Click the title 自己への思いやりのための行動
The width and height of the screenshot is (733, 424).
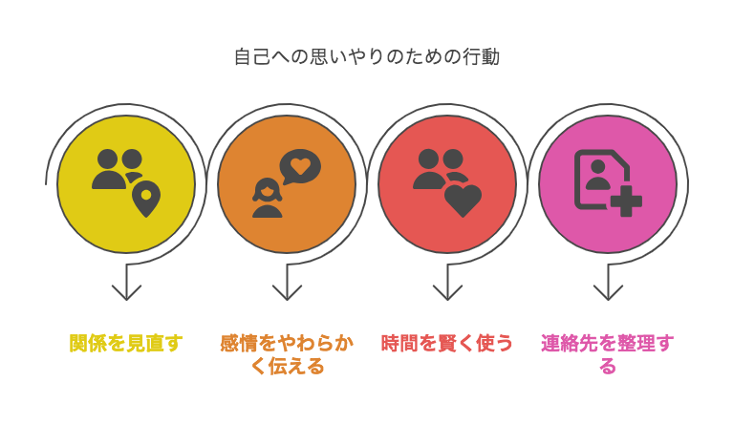coord(367,57)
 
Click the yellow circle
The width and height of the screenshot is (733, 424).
coord(126,184)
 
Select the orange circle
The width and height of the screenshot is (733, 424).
coord(287,184)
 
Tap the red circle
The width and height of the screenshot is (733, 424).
coord(447,184)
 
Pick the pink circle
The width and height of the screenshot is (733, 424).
coord(608,184)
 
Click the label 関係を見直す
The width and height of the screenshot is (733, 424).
coord(126,343)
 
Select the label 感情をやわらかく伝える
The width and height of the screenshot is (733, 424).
coord(287,354)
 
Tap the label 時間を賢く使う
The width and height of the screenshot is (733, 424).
coord(447,343)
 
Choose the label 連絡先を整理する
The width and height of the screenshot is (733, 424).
coord(608,354)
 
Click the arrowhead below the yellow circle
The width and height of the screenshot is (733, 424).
coord(126,292)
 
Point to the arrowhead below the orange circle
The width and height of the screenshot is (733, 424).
coord(287,292)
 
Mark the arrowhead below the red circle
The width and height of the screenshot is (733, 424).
coord(447,292)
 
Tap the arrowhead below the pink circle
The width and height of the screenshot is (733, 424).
coord(608,292)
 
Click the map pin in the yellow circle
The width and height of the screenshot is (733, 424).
coord(146,199)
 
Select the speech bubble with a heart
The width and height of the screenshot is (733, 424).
coord(300,167)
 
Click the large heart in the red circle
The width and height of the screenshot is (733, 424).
coord(463,201)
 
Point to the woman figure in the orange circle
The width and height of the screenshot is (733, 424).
coord(268,198)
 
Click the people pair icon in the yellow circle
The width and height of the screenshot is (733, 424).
coord(117,169)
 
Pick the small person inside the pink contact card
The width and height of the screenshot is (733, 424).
coord(598,175)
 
